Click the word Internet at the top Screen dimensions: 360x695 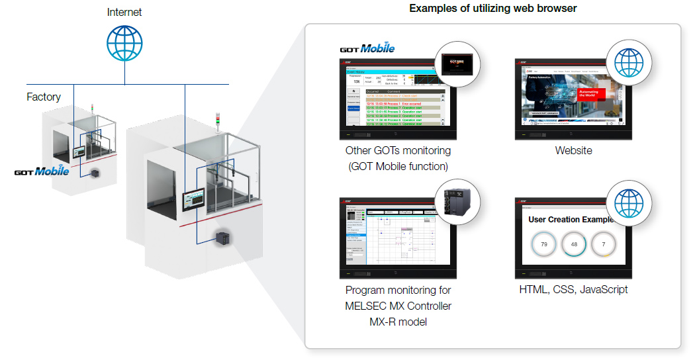[x=124, y=12]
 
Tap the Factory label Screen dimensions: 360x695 [x=44, y=97]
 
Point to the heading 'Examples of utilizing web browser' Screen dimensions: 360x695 [x=493, y=9]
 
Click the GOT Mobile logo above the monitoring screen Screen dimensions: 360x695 [x=367, y=48]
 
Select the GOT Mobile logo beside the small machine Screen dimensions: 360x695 [x=42, y=171]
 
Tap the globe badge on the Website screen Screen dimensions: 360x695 [x=629, y=63]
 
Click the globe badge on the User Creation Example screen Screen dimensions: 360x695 [x=629, y=202]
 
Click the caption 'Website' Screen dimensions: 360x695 [x=573, y=151]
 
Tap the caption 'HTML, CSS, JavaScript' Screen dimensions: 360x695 [x=573, y=290]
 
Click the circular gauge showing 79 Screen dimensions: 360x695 [x=544, y=244]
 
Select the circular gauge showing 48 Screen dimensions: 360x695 [x=574, y=244]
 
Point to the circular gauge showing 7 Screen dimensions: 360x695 [x=603, y=244]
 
